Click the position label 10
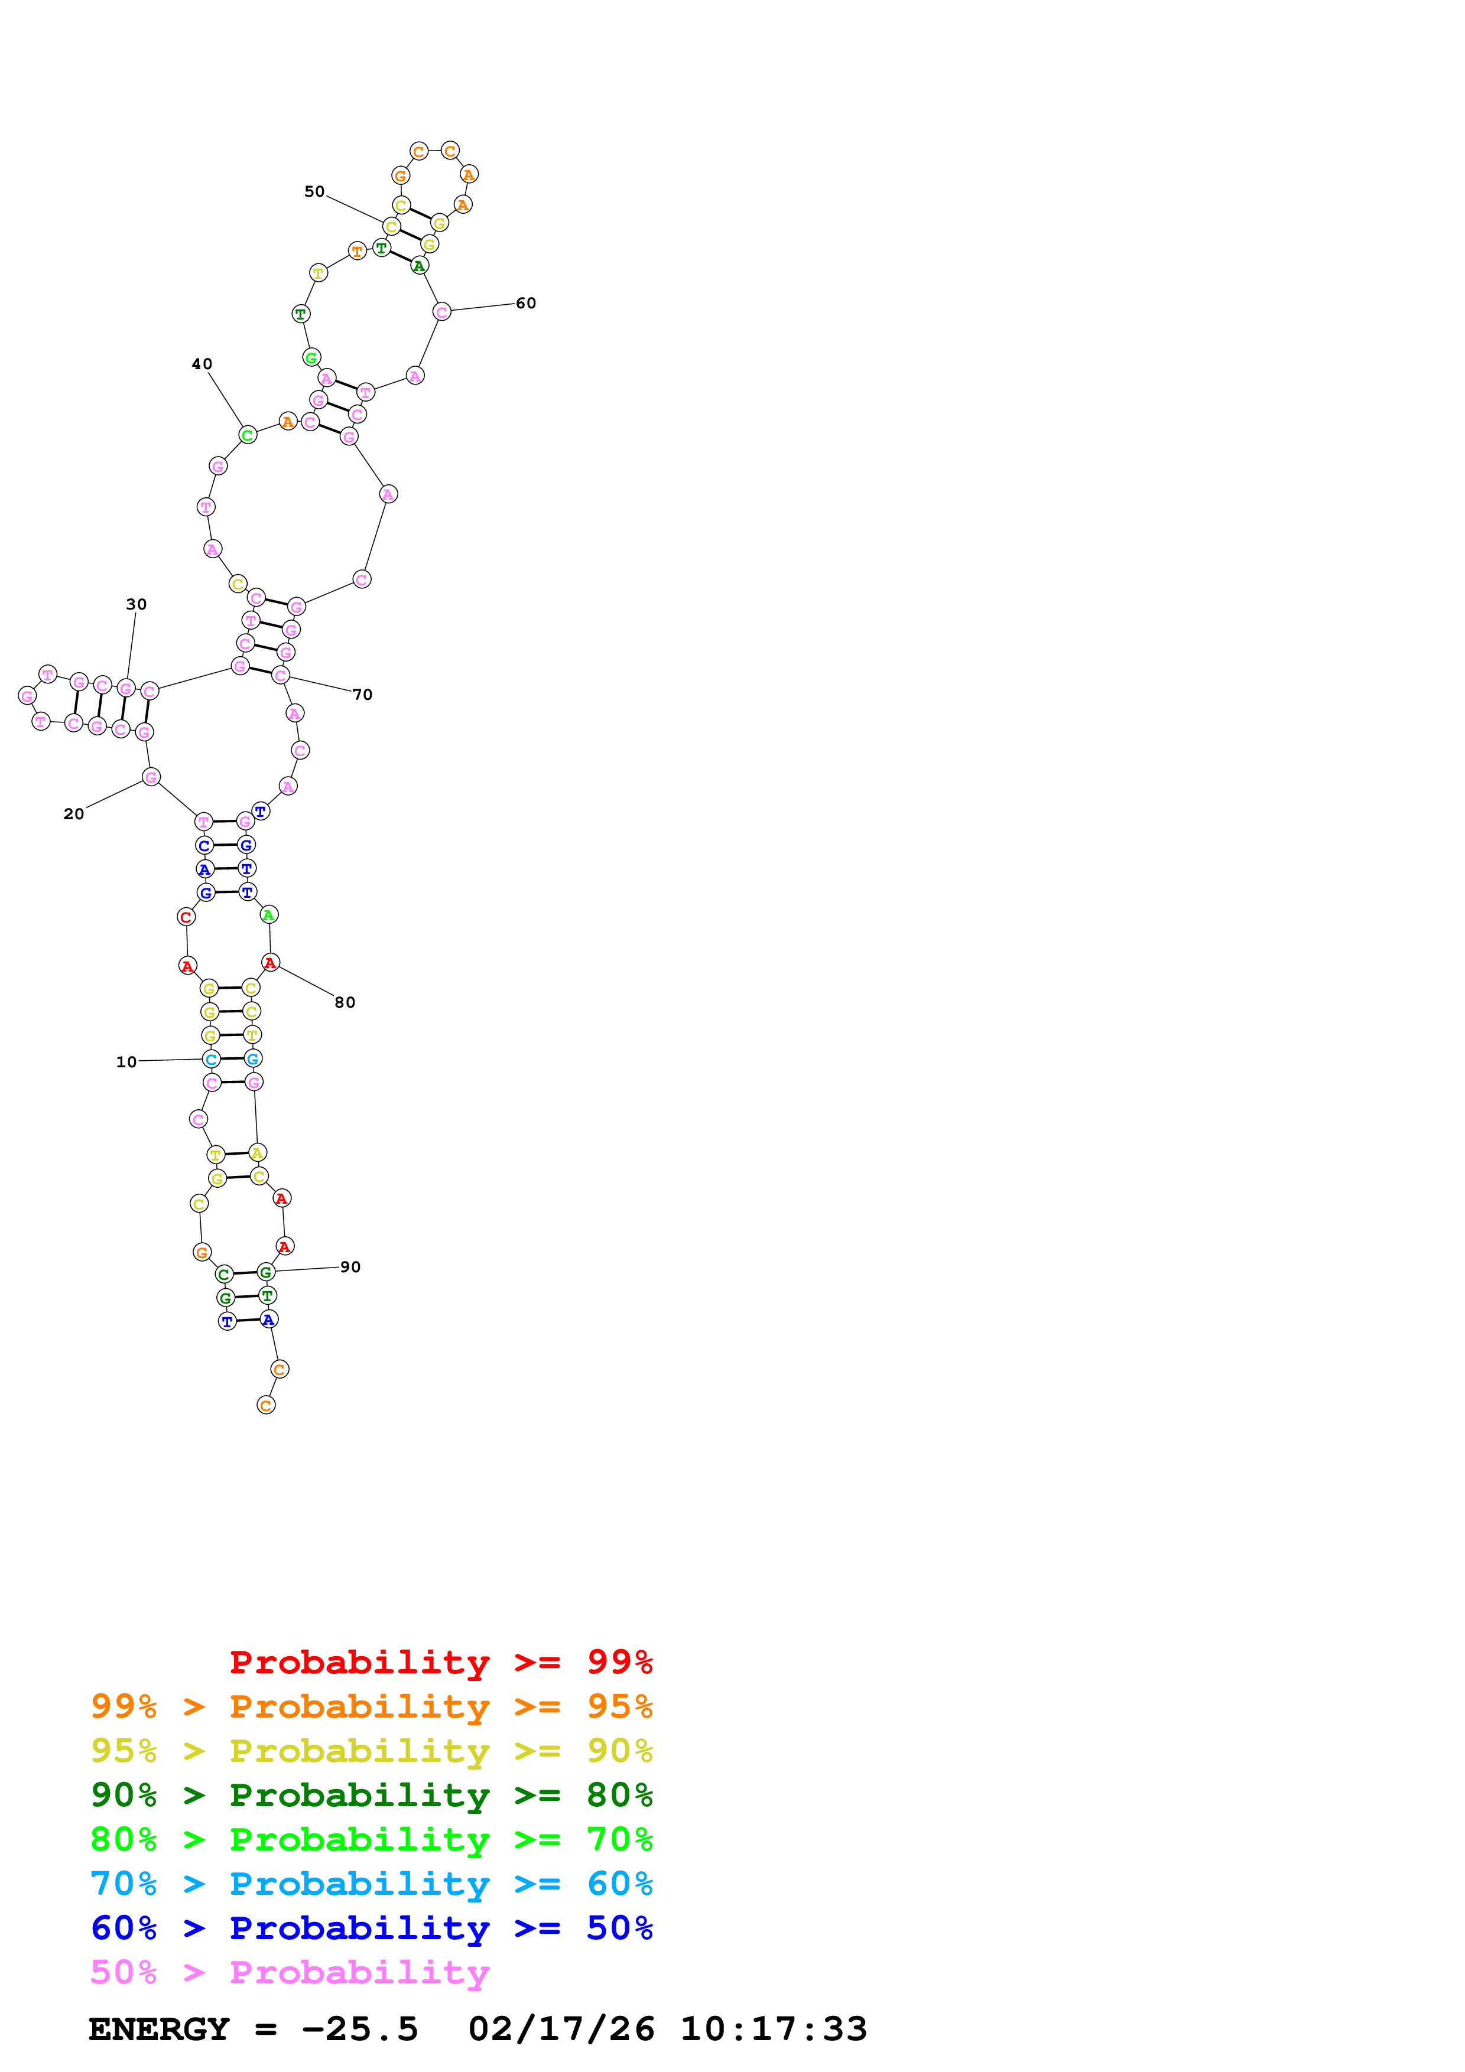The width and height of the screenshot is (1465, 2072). coord(126,1062)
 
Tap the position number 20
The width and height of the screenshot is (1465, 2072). coord(74,814)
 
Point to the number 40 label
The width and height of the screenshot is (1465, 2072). coord(202,364)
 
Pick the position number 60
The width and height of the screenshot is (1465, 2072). coord(526,303)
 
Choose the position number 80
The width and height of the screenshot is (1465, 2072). coord(345,1002)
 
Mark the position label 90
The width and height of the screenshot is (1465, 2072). coord(350,1267)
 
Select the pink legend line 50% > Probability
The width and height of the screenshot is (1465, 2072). coord(290,1973)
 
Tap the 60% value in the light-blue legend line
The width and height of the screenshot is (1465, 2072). coord(619,1884)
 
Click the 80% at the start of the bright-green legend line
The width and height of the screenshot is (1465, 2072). coord(124,1840)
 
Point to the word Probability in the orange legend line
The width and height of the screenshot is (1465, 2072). coord(359,1708)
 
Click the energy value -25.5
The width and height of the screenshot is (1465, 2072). coord(360,2029)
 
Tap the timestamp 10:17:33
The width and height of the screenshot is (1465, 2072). coord(774,2029)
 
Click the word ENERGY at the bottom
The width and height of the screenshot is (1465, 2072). coord(159,2029)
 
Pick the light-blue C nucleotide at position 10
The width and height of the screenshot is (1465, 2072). coord(211,1060)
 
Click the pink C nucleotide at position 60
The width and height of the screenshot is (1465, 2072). coord(441,312)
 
